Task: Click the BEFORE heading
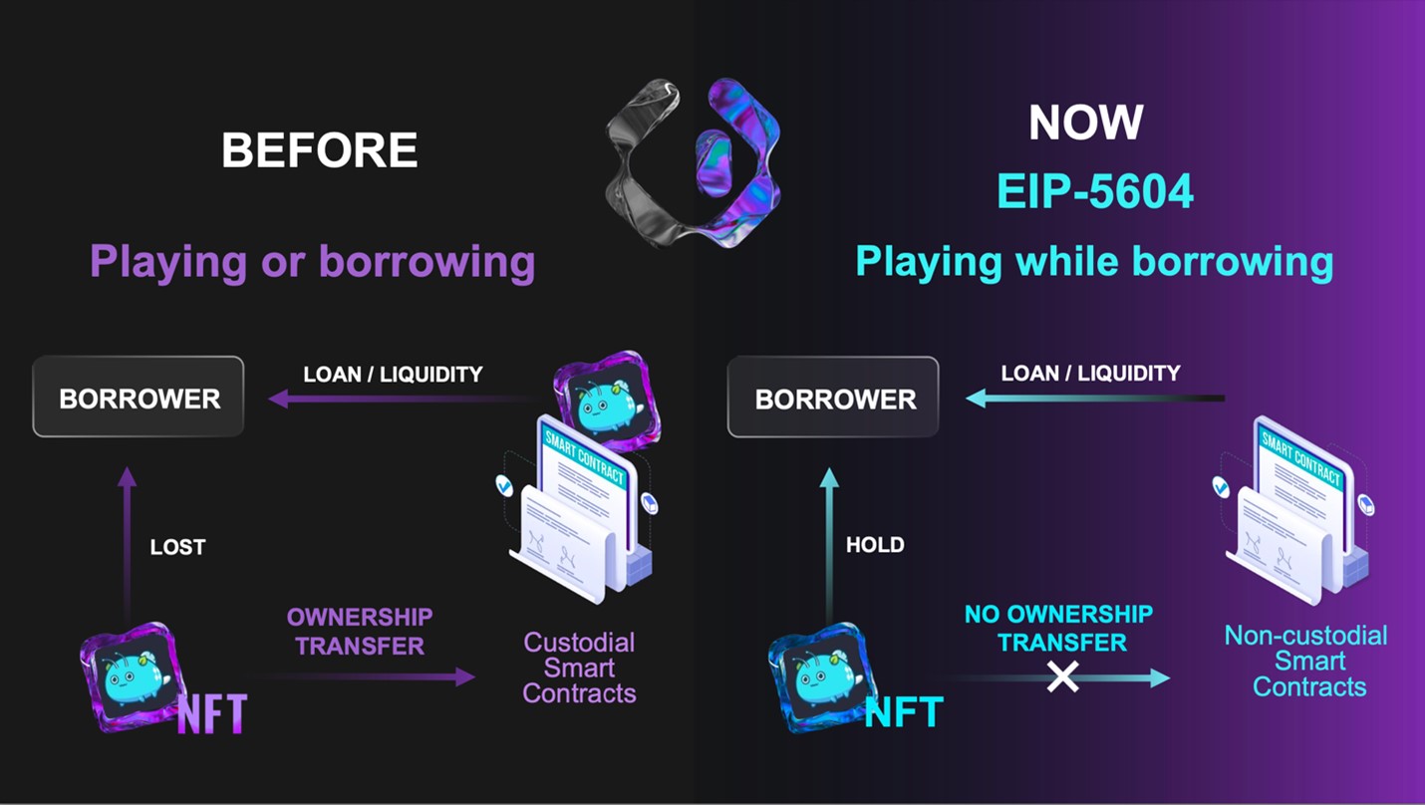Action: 319,150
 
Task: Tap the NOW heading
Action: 1085,123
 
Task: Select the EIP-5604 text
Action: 1095,190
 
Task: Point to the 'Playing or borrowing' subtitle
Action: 312,262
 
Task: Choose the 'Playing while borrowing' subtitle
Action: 1094,261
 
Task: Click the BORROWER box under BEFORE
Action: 139,398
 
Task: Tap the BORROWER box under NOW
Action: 833,398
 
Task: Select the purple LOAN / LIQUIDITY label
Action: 393,375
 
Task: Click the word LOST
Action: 177,547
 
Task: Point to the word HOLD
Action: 875,545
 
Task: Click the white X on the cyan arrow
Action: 1063,677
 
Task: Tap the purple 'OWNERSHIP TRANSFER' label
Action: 360,632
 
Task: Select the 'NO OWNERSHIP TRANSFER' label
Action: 1058,628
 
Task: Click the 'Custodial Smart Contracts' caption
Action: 579,668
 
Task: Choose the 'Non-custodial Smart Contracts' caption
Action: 1305,661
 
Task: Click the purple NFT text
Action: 211,713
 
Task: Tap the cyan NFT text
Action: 904,711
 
